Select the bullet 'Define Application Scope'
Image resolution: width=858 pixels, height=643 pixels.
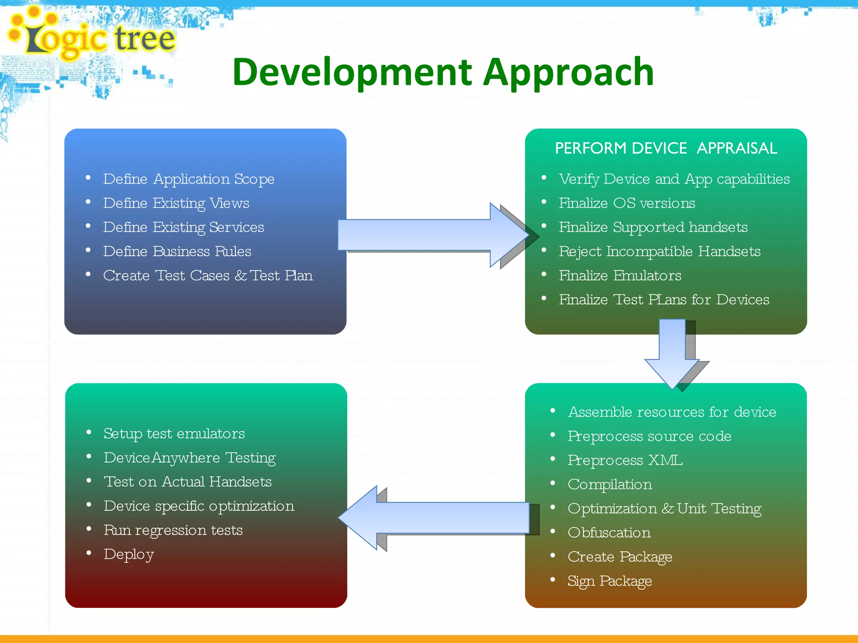[189, 179]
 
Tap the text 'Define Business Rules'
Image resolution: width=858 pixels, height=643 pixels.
[177, 252]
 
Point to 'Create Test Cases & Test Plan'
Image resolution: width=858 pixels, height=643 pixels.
[208, 276]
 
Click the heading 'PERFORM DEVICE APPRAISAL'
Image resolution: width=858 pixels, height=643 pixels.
[666, 148]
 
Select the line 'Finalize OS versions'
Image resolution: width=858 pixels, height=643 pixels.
[627, 203]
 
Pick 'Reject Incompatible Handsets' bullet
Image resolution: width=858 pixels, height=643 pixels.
[659, 252]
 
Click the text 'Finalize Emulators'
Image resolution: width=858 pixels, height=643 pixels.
[620, 276]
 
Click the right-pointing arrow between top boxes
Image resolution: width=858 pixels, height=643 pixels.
[432, 235]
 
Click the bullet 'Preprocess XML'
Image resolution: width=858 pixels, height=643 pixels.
[625, 460]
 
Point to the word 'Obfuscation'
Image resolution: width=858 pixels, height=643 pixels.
[609, 533]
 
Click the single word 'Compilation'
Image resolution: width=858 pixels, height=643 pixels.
[610, 485]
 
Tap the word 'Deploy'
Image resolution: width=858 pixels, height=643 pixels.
[129, 555]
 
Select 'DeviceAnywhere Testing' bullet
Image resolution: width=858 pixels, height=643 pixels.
[189, 458]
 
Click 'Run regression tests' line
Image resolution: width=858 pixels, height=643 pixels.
[173, 530]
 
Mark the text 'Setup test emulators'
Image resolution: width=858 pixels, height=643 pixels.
[174, 434]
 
